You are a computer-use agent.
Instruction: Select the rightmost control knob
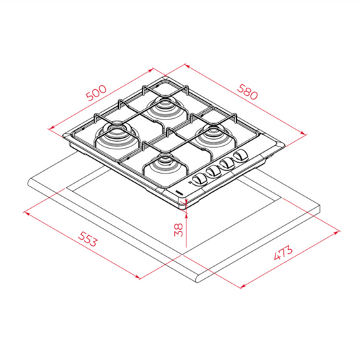coord(240,159)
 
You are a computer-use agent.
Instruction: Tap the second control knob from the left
coord(213,172)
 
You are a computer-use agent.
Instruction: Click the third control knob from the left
coord(228,165)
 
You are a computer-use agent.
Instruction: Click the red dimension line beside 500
coord(101,98)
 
